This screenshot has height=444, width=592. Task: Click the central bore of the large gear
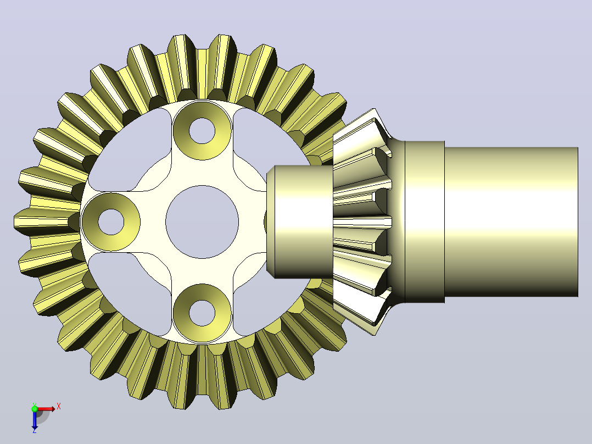202,222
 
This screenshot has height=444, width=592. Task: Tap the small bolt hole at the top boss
202,131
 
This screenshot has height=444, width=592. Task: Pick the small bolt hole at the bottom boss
202,313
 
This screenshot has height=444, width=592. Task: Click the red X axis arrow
45,409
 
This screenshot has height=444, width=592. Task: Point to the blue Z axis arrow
35,419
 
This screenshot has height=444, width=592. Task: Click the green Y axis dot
35,408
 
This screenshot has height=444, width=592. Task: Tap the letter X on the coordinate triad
59,407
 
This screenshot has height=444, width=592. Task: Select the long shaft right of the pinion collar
511,222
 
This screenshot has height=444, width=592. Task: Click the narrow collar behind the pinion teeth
425,222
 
